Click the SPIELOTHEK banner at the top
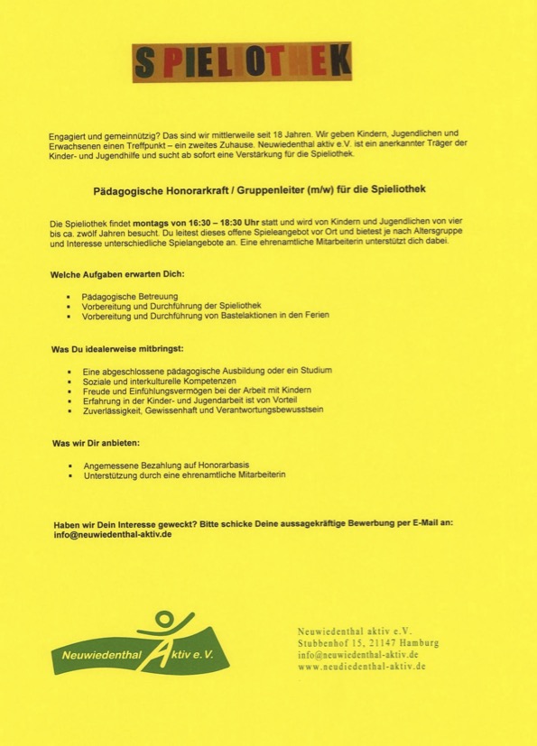tap(241, 62)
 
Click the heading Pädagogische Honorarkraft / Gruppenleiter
tap(267, 191)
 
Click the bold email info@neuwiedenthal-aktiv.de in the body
tap(112, 534)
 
